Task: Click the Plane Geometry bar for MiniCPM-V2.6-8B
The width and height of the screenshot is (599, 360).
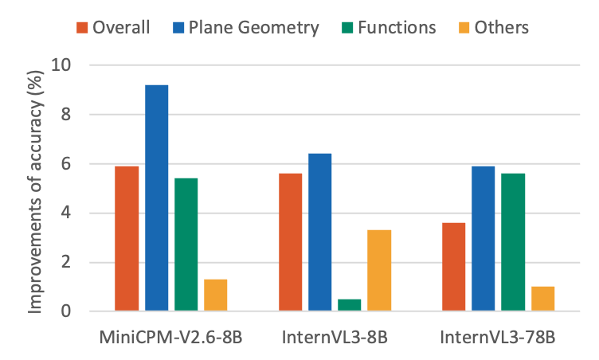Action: click(x=156, y=197)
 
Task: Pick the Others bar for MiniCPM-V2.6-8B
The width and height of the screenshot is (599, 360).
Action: click(x=215, y=295)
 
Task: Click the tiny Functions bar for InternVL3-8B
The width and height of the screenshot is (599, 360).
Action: click(x=349, y=304)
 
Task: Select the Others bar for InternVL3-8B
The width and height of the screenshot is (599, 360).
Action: click(x=379, y=270)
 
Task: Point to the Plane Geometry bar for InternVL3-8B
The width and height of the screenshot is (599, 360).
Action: click(x=319, y=232)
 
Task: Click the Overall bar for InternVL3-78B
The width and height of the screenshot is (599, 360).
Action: click(x=453, y=266)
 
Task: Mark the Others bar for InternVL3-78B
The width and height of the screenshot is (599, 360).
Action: click(x=542, y=298)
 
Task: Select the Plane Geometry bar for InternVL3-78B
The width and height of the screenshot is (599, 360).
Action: click(x=483, y=238)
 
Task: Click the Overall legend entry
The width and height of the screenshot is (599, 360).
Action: click(x=112, y=27)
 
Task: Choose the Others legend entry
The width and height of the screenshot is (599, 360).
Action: click(x=491, y=27)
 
